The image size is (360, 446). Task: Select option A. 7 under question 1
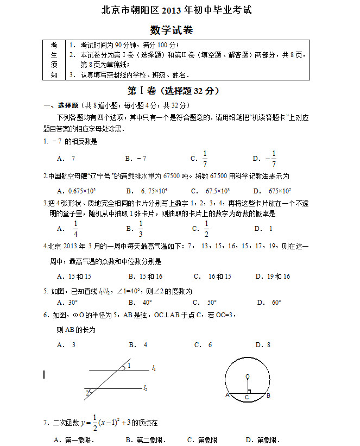(66, 159)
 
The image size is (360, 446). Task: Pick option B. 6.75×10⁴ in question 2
(146, 191)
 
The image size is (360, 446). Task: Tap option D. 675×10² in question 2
(273, 191)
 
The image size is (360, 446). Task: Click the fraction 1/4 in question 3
(75, 229)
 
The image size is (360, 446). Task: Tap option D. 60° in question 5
(270, 303)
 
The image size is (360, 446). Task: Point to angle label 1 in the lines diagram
(129, 366)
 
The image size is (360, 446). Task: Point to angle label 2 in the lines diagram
(87, 393)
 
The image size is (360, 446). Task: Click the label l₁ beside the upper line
(154, 369)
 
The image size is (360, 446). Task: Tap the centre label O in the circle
(247, 376)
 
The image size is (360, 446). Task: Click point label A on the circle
(227, 395)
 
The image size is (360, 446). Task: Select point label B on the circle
(268, 395)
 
